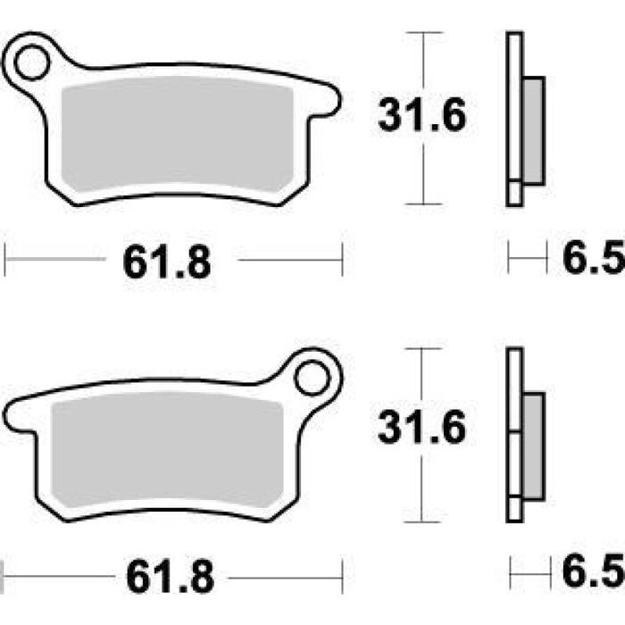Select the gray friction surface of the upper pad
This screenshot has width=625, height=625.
click(179, 134)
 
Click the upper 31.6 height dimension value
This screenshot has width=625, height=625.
click(421, 116)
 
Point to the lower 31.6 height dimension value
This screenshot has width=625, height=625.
click(421, 429)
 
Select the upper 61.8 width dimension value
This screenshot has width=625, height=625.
click(168, 262)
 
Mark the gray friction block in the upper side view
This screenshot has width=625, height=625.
click(533, 130)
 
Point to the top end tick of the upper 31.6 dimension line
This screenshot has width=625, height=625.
click(422, 32)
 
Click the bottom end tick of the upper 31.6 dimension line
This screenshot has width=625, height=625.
click(422, 204)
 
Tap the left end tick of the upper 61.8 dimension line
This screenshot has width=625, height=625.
click(5, 262)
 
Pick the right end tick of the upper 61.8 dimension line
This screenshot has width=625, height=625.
click(343, 262)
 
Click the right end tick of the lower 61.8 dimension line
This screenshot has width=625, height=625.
click(343, 573)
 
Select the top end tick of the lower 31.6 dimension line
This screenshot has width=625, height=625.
click(422, 347)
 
